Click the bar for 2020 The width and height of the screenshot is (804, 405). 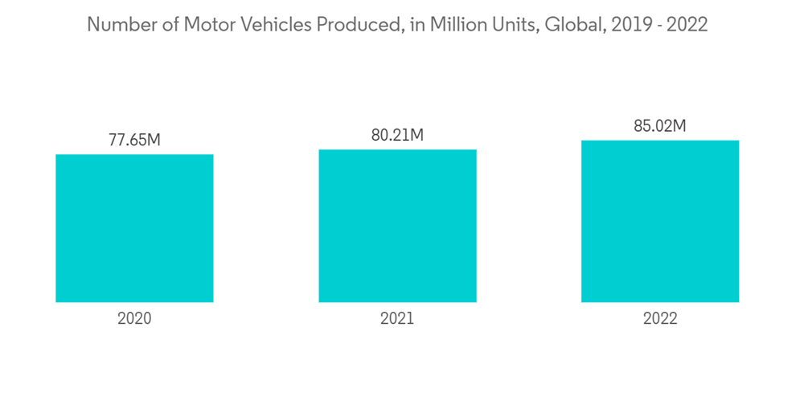[x=134, y=228]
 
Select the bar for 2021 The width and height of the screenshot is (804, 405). [x=397, y=226]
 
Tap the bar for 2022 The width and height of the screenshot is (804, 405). [x=660, y=222]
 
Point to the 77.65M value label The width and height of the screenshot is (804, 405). [x=134, y=140]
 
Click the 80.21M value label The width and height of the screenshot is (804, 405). [x=397, y=135]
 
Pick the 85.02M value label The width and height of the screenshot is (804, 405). [x=660, y=126]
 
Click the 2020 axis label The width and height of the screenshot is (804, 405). [x=134, y=318]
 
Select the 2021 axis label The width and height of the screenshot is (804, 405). [x=397, y=318]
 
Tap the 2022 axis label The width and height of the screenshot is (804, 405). [x=660, y=318]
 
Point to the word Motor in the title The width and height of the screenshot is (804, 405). [x=206, y=25]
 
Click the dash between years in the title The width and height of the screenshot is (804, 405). [x=655, y=25]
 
